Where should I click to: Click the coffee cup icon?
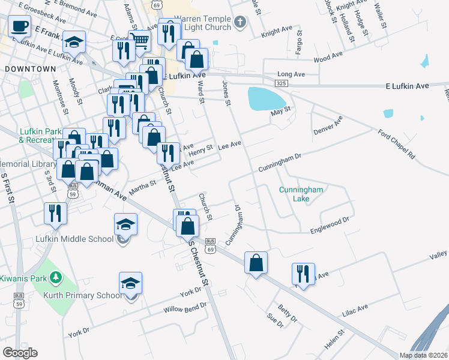click(x=19, y=26)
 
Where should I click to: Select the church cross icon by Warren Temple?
click(x=240, y=23)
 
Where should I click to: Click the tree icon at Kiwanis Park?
click(x=56, y=277)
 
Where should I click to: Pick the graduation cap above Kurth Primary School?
click(x=130, y=283)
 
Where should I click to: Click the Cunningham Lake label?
click(x=301, y=194)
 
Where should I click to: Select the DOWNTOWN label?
click(x=30, y=69)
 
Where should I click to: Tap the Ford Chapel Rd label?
click(x=396, y=145)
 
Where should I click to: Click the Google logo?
click(x=20, y=353)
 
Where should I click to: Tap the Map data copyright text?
click(x=423, y=355)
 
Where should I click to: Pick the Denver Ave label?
click(x=327, y=125)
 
